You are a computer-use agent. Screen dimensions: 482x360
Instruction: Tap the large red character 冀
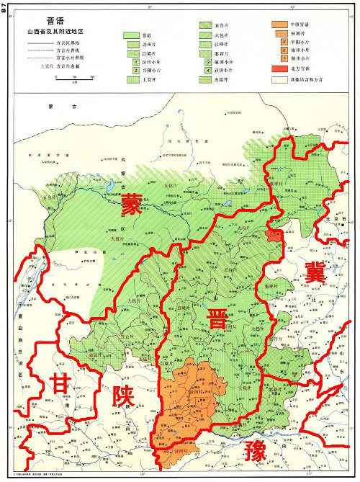tap(315, 272)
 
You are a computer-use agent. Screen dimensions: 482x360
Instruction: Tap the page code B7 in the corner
tap(6, 10)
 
